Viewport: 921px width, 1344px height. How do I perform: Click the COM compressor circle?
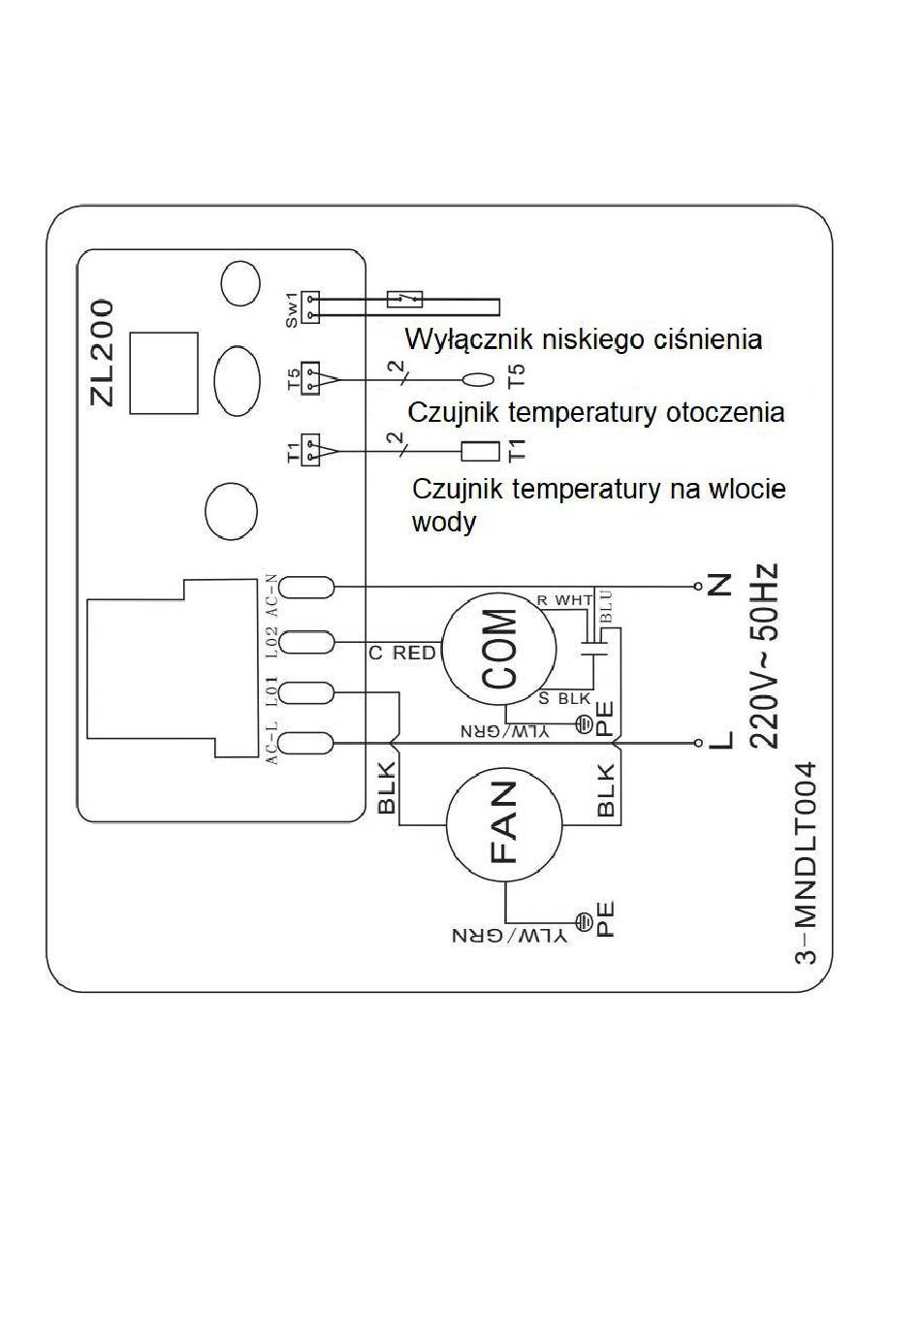499,649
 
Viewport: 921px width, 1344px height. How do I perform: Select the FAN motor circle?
504,824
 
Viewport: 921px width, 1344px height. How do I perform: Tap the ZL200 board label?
102,353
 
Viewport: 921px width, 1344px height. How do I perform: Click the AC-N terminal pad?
306,588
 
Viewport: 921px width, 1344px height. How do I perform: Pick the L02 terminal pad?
306,642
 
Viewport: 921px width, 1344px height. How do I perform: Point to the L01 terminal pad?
306,693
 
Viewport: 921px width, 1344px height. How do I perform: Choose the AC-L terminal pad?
306,743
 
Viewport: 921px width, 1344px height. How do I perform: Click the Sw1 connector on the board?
310,307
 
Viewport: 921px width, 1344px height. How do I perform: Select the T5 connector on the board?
310,378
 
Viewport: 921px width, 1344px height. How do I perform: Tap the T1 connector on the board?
310,450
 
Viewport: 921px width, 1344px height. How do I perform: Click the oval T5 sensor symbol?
478,379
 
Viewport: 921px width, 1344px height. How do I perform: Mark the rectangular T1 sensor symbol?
480,451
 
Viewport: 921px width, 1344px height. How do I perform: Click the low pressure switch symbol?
405,299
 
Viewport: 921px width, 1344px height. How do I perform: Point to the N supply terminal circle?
698,587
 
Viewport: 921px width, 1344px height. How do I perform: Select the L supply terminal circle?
698,743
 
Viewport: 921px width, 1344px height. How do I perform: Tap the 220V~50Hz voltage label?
763,656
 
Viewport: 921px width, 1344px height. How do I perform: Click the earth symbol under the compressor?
584,724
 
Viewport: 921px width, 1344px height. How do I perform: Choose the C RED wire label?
402,653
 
